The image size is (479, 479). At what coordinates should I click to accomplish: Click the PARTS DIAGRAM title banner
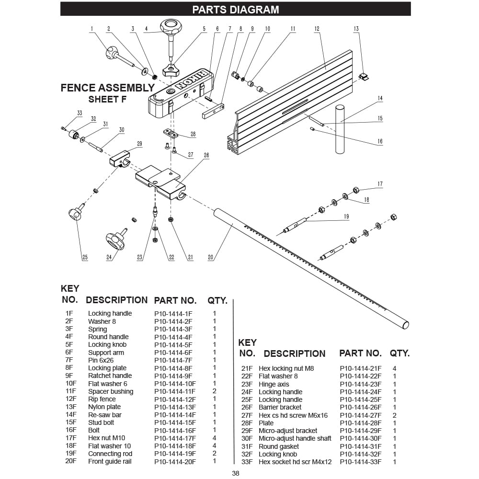(x=236, y=10)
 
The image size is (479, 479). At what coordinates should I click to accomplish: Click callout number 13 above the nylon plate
(x=356, y=29)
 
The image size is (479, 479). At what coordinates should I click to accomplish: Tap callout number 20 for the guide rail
(x=210, y=258)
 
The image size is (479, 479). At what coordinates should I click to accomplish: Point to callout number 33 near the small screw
(x=80, y=113)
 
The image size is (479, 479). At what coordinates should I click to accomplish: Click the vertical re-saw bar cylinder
(x=340, y=129)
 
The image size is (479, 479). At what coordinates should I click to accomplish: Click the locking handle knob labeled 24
(x=115, y=239)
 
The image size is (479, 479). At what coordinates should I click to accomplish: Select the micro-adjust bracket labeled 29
(x=120, y=159)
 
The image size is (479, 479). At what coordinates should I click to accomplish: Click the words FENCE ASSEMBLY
(x=107, y=88)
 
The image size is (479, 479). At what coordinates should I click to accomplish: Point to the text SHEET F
(x=107, y=100)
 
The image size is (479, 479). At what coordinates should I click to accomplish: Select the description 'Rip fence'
(x=102, y=399)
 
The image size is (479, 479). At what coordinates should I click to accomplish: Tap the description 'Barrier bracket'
(x=280, y=407)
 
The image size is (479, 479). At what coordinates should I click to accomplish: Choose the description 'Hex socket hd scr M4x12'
(x=295, y=462)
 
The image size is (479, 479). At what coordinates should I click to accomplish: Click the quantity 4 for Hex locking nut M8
(x=394, y=369)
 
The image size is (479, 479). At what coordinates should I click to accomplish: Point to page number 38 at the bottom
(x=236, y=474)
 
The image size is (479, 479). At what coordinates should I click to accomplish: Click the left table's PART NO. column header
(x=175, y=301)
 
